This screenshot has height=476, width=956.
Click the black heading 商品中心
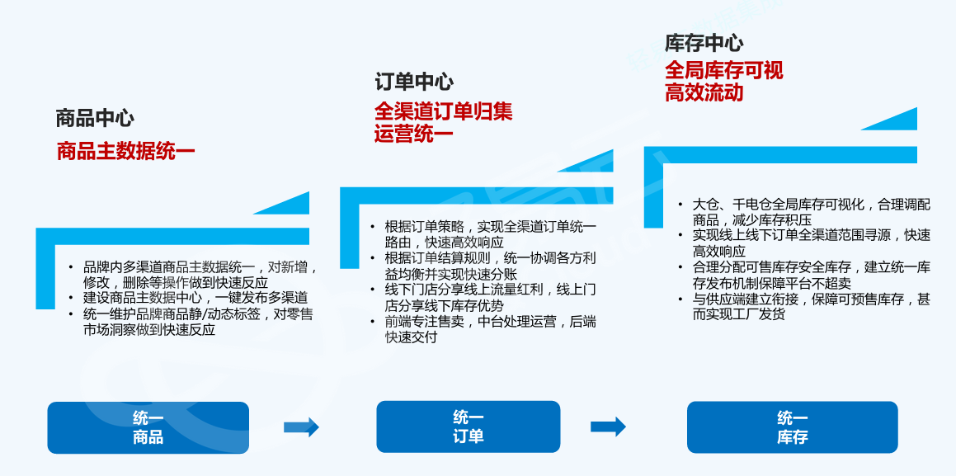[95, 119]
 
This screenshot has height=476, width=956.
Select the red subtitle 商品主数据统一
[125, 152]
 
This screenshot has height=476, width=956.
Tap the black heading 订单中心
[414, 82]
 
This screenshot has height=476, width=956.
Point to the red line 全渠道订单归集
[443, 111]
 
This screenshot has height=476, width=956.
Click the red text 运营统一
[413, 134]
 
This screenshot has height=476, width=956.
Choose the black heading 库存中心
[704, 44]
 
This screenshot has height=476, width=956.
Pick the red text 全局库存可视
[723, 70]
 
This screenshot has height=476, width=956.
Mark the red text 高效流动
[704, 92]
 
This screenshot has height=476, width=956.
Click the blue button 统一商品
[148, 427]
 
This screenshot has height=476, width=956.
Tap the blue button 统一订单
[469, 427]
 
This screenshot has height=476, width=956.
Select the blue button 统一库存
[792, 427]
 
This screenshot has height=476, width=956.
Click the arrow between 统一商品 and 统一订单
[301, 427]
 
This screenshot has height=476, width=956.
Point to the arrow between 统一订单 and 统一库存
[608, 427]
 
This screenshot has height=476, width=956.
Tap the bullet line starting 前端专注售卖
[490, 322]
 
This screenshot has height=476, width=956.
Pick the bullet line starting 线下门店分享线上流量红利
[490, 290]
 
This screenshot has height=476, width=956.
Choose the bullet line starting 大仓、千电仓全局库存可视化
[812, 204]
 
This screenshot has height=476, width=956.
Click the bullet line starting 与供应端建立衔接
[812, 299]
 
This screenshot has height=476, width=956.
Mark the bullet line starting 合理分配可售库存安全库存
[812, 267]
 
